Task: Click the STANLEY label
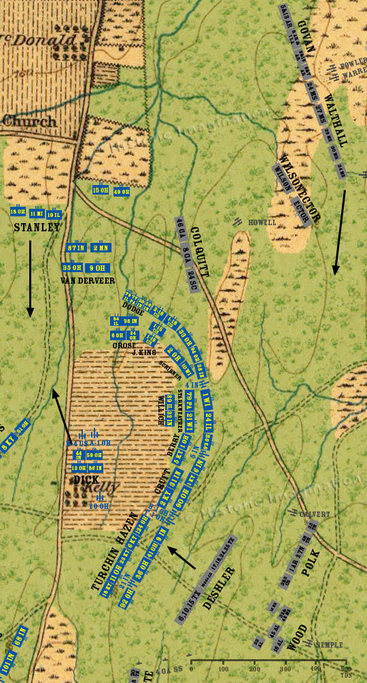click(x=37, y=228)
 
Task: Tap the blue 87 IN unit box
click(x=76, y=248)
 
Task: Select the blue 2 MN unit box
click(x=100, y=248)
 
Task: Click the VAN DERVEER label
click(x=87, y=280)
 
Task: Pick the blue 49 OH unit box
click(x=122, y=191)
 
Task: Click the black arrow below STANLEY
click(x=30, y=279)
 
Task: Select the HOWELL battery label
click(x=262, y=222)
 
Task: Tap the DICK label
click(x=87, y=480)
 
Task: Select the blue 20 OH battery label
click(x=99, y=505)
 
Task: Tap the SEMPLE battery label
click(x=330, y=645)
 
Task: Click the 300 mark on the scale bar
click(x=285, y=669)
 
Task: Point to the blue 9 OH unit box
click(x=97, y=267)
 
